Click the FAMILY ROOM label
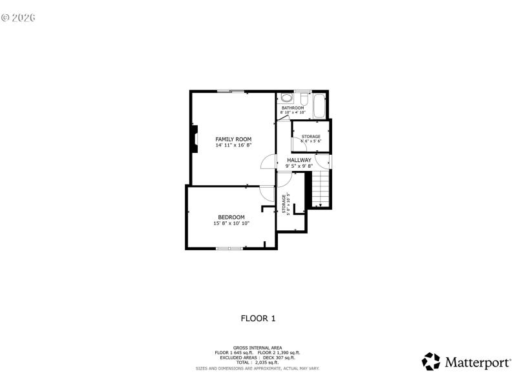pos(233,139)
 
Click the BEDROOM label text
pos(231,217)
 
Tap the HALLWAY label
pos(299,160)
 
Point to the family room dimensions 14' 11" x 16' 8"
pos(233,145)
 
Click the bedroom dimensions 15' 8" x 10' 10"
pos(231,223)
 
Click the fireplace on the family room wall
pos(193,139)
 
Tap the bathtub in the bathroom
pos(319,106)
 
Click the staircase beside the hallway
pos(321,188)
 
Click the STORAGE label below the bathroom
pos(311,136)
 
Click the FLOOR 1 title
pos(258,318)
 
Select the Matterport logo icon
pos(431,361)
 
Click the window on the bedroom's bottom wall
pos(230,248)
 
